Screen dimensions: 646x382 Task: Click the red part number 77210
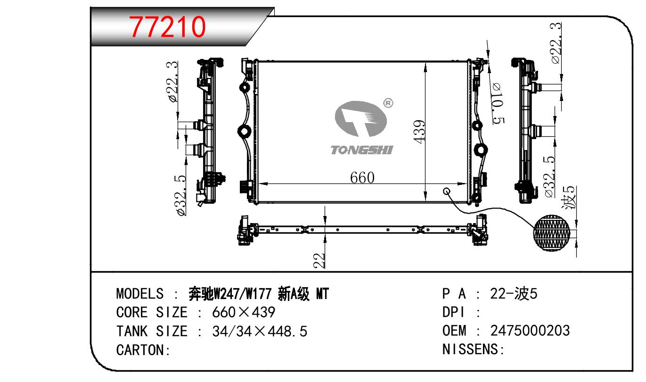coord(167,27)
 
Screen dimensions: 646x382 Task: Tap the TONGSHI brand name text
coord(362,150)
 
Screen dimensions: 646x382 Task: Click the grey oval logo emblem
coord(360,119)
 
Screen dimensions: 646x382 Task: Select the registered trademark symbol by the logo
coord(388,103)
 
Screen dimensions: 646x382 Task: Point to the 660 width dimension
coord(362,178)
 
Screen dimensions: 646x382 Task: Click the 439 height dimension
coord(419,132)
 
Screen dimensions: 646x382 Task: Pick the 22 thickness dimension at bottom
coord(319,260)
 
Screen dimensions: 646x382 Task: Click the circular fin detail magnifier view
coord(552,233)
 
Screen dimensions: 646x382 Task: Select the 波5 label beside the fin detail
coord(569,198)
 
